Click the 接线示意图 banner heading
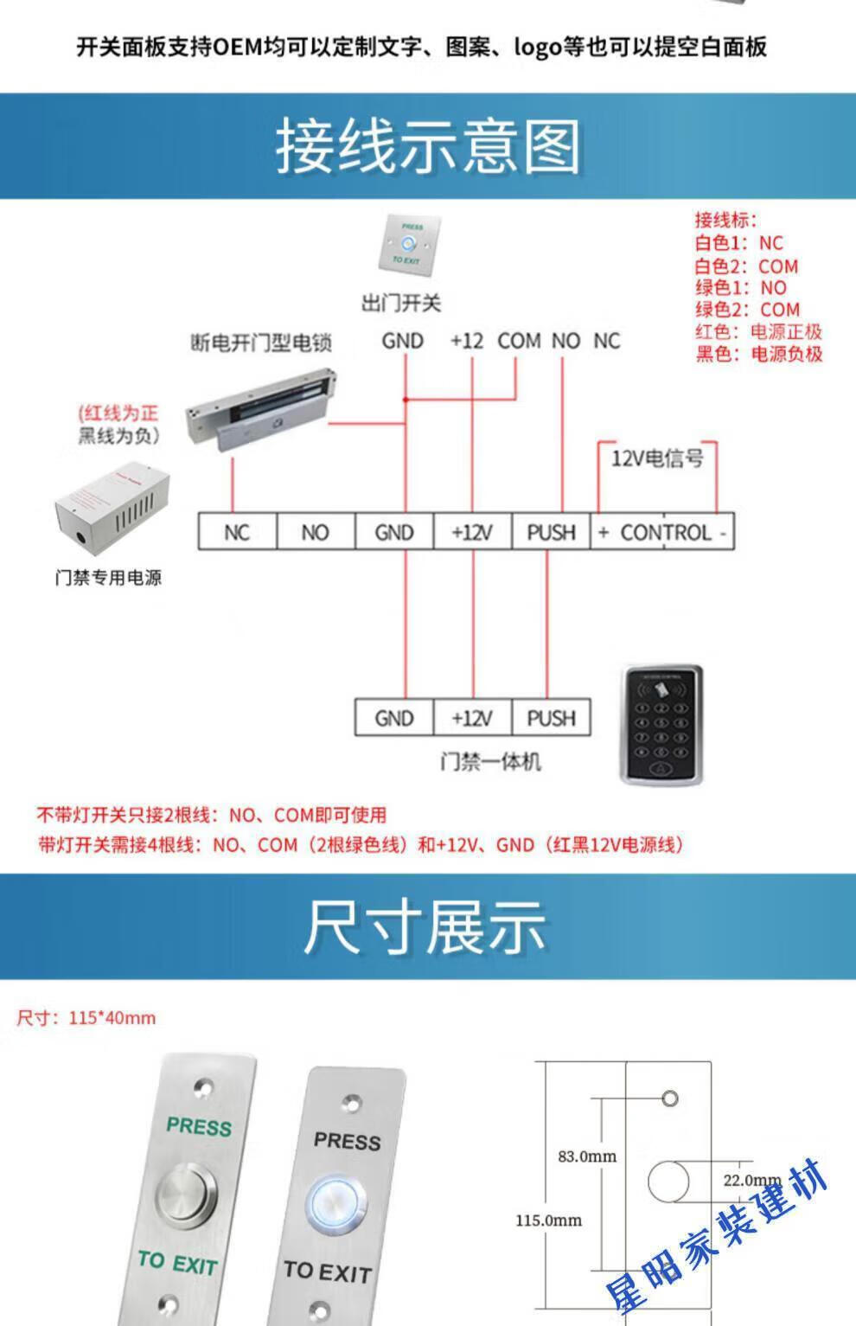click(x=428, y=146)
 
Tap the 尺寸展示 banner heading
click(x=425, y=927)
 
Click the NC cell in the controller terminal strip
click(x=237, y=532)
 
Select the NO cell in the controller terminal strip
click(x=316, y=532)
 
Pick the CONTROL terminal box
click(x=662, y=532)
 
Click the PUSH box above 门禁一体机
click(x=551, y=718)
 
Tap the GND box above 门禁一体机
click(x=394, y=718)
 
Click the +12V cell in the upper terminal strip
click(x=473, y=532)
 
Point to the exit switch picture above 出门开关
click(x=409, y=245)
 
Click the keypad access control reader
click(x=661, y=725)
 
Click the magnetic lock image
click(x=261, y=409)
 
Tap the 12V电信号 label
click(x=657, y=458)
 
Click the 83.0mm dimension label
click(x=587, y=1156)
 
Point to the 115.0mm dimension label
click(x=548, y=1220)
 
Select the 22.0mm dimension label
click(x=752, y=1180)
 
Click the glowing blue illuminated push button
click(x=336, y=1205)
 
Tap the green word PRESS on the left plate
click(x=199, y=1126)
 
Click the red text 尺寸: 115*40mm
click(x=86, y=1017)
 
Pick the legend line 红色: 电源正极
click(x=758, y=331)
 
